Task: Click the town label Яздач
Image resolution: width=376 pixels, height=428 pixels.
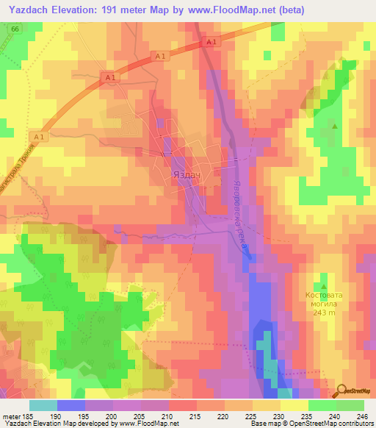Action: click(x=186, y=176)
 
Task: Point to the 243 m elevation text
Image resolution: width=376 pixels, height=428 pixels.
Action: click(x=324, y=313)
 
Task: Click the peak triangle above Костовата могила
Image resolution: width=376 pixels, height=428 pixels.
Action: click(x=323, y=285)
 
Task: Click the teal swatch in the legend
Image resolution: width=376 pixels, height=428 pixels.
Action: click(x=43, y=405)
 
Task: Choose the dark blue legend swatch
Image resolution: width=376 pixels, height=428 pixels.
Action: click(x=71, y=405)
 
